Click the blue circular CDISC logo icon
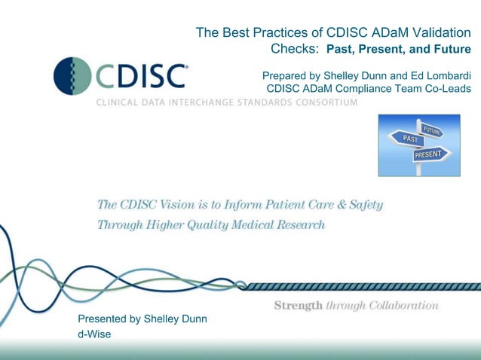click(72, 75)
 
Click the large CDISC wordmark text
click(140, 76)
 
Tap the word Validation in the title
click(435, 32)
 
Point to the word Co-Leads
click(448, 89)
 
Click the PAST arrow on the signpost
click(411, 139)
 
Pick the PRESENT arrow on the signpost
click(430, 154)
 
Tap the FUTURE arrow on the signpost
click(431, 130)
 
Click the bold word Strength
click(298, 306)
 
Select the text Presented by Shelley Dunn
click(142, 319)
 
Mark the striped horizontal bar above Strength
click(362, 286)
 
